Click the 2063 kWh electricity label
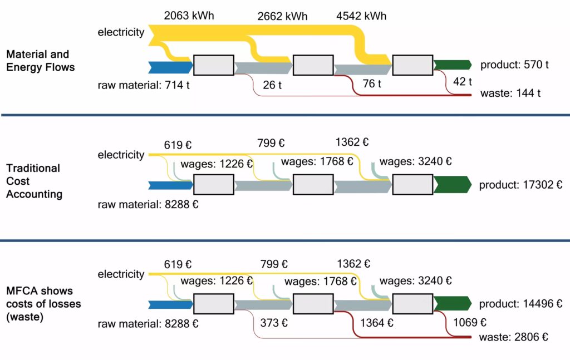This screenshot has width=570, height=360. (189, 16)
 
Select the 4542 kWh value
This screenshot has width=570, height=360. (361, 16)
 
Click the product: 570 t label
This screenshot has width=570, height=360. (514, 65)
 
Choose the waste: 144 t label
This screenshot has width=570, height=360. (510, 93)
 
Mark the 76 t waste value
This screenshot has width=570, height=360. (372, 84)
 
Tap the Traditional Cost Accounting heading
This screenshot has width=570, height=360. (35, 181)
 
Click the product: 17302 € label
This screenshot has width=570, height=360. (520, 184)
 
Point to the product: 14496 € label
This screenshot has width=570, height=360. (520, 304)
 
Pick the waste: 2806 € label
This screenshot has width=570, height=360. (514, 337)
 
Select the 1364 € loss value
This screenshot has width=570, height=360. (377, 322)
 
